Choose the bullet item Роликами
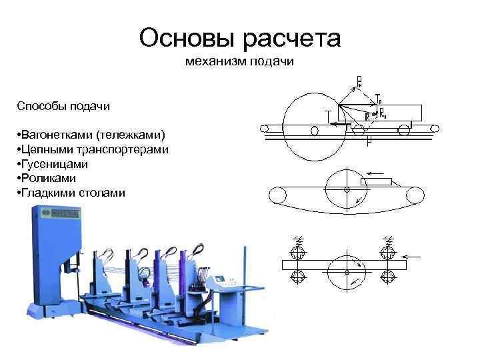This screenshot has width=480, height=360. [x=47, y=179]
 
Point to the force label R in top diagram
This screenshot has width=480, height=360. [x=367, y=115]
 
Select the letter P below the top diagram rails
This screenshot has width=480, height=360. [x=367, y=142]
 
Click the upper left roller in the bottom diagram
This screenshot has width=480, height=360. [x=297, y=253]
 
